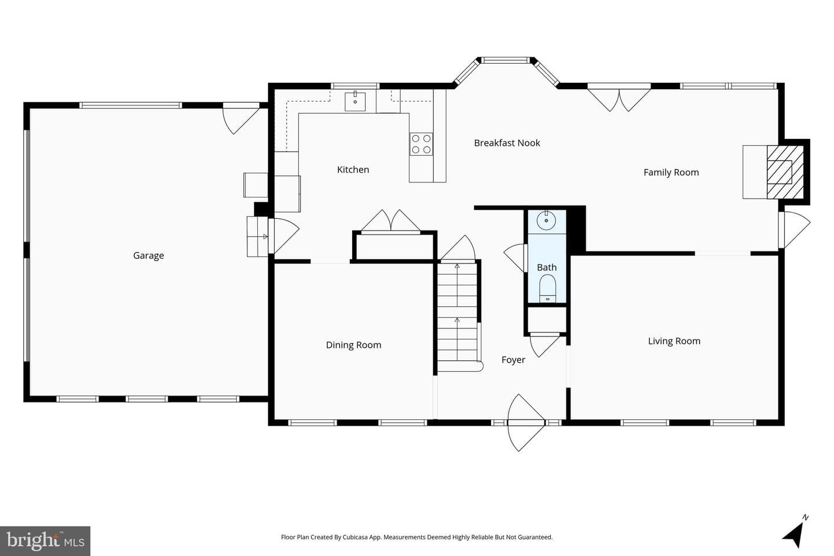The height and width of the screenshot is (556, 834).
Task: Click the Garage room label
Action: click(x=148, y=255)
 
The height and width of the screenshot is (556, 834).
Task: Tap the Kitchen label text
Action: click(x=353, y=170)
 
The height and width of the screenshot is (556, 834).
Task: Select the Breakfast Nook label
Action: click(x=507, y=142)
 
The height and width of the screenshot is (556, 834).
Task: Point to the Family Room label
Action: click(x=671, y=172)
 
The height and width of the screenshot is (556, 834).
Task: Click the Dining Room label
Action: click(x=353, y=345)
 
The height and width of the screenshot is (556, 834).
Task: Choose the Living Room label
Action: click(x=674, y=341)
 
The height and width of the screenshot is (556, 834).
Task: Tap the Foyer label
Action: click(x=513, y=359)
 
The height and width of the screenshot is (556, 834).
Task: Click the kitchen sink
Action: click(x=355, y=101)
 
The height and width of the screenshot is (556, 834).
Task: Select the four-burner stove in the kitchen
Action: click(x=421, y=144)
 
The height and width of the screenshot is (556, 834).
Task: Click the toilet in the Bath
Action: click(x=547, y=289)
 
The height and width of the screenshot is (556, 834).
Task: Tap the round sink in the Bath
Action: click(x=546, y=221)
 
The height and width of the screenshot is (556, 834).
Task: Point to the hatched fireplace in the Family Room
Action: click(x=785, y=171)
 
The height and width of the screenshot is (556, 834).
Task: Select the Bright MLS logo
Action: click(x=45, y=541)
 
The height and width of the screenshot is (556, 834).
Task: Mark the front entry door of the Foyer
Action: click(x=526, y=423)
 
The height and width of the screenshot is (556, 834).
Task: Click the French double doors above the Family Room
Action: click(x=619, y=97)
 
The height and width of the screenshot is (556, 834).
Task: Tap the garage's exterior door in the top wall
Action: click(x=241, y=118)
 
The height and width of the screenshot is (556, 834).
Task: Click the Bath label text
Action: click(x=547, y=267)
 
